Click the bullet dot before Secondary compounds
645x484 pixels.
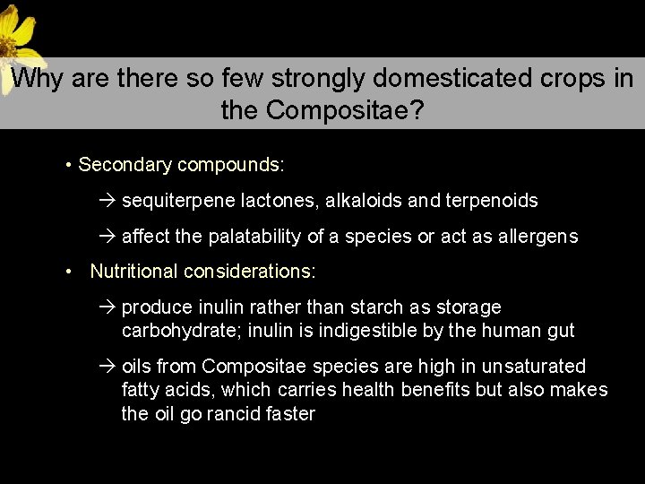[x=68, y=166]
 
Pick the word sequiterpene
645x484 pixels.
[x=173, y=201]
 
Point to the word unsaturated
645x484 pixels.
[x=533, y=367]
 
